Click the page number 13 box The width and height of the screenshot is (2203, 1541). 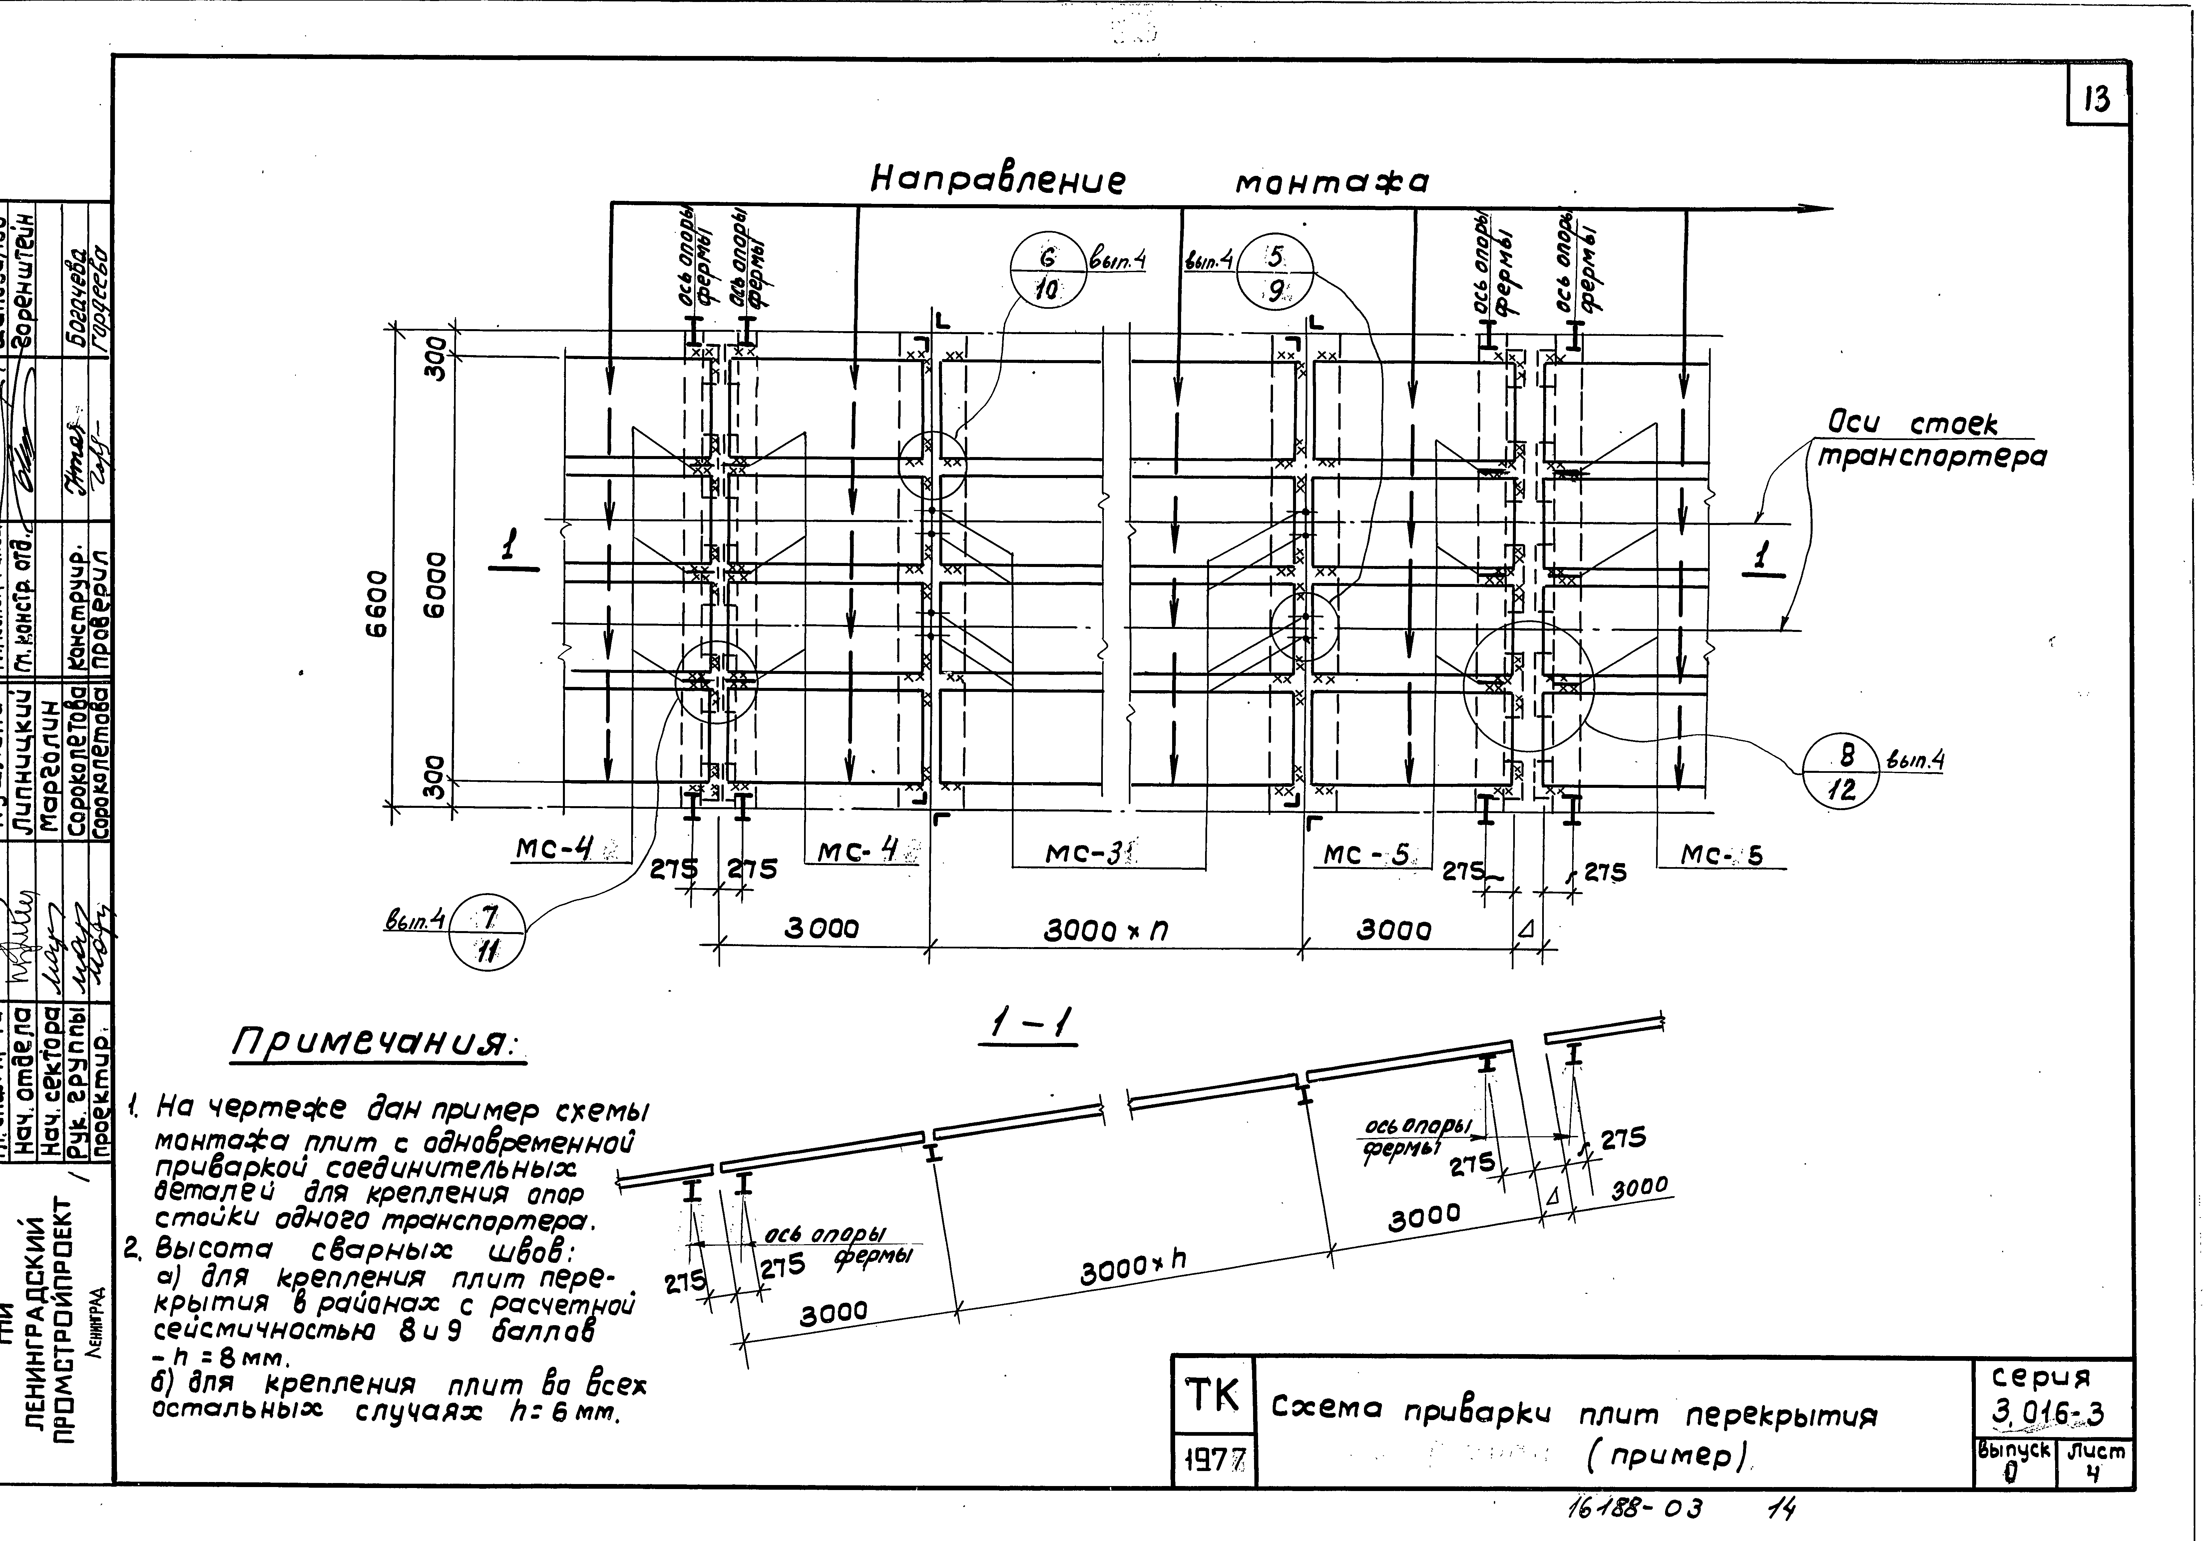2097,100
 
